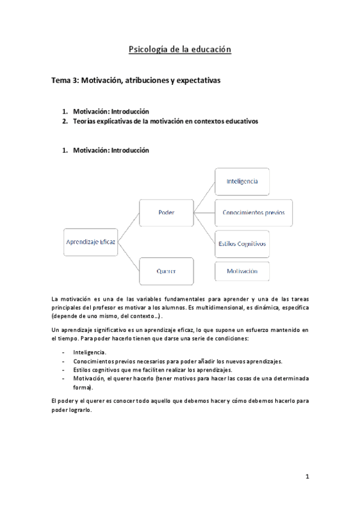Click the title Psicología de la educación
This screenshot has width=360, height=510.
click(180, 50)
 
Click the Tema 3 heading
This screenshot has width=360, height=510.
click(136, 80)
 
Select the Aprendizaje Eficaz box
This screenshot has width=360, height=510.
click(90, 242)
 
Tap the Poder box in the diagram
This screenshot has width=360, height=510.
click(166, 213)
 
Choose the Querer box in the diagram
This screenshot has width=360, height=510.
click(166, 271)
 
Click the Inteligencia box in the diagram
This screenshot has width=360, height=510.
click(242, 181)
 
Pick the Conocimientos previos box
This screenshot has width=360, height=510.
click(253, 213)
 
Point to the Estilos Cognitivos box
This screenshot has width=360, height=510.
click(242, 244)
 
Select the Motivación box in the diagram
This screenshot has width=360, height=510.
click(242, 271)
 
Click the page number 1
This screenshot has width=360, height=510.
click(307, 477)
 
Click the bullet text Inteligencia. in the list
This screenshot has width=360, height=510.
click(90, 352)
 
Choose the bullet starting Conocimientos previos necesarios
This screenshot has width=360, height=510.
click(177, 361)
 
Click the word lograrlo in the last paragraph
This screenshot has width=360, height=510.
click(79, 411)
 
